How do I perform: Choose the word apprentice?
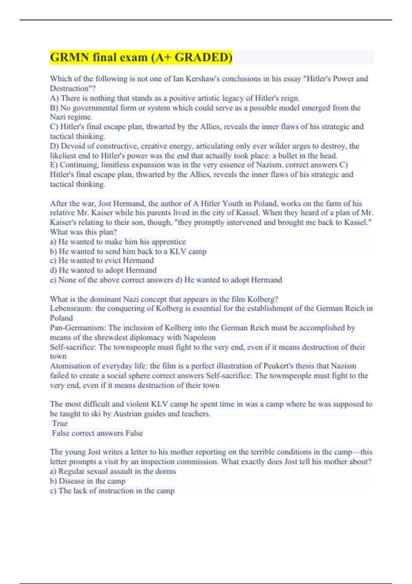pos(169,242)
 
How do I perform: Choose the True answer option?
pos(60,423)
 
